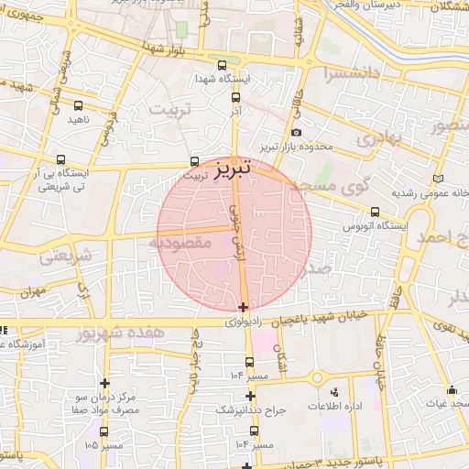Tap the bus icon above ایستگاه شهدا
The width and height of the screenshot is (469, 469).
coord(223,65)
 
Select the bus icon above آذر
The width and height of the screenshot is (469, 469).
coord(236,96)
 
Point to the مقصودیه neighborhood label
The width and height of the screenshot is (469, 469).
coord(180,243)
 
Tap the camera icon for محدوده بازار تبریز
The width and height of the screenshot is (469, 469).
coord(296,135)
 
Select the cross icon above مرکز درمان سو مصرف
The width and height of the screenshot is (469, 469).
coord(105,383)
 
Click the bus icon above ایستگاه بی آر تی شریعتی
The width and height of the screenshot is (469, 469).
coord(61,158)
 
